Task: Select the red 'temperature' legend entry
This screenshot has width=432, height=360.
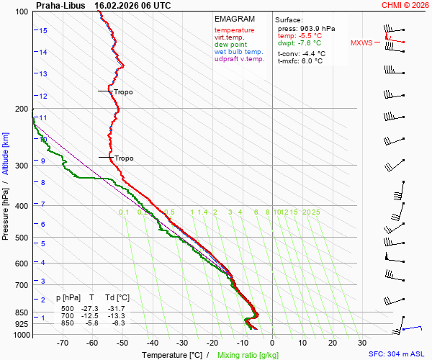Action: pos(234,30)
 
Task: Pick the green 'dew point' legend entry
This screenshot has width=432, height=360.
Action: pos(230,45)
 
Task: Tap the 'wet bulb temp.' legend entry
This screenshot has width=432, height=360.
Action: pos(238,52)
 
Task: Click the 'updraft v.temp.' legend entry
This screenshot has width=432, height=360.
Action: pos(239,59)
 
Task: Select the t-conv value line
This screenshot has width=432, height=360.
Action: pos(302,53)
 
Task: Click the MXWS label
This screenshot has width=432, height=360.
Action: pos(361,42)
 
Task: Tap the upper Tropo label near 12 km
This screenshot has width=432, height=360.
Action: pos(123,92)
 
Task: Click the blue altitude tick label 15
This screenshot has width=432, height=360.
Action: pos(43,31)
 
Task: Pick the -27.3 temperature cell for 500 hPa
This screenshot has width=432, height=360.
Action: pos(91,308)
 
